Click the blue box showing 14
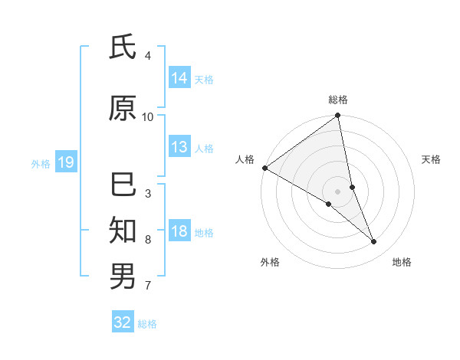[179, 78]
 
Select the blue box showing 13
[179, 147]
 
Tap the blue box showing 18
[179, 232]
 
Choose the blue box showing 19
[65, 162]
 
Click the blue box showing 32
[123, 322]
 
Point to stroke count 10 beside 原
[148, 116]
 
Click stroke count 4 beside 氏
[147, 56]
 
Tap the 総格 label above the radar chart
[338, 100]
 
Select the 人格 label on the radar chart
[245, 159]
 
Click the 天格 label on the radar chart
[432, 159]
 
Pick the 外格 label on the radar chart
[270, 262]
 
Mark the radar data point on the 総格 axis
[337, 116]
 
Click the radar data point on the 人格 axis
[264, 168]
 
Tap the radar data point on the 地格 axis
[374, 242]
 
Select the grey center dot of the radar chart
[337, 191]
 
